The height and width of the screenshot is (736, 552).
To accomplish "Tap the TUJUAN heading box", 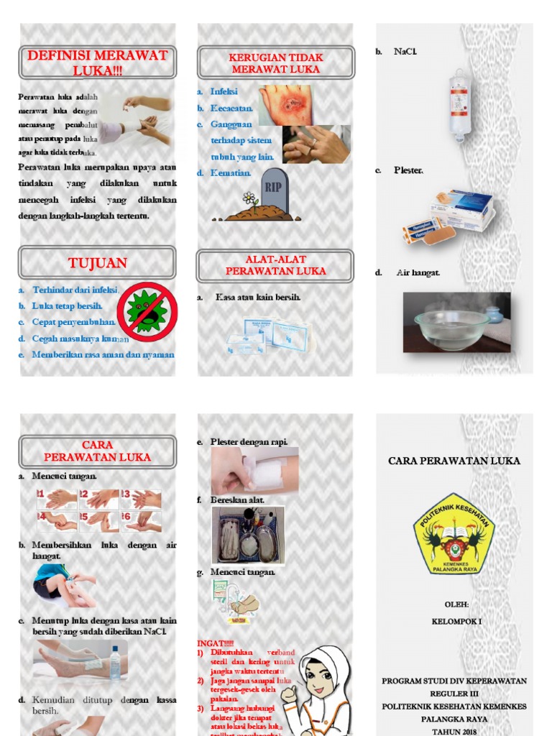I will [97, 263].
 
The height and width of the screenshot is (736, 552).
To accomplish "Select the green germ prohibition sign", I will [147, 312].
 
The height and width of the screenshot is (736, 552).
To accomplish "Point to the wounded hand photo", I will [285, 105].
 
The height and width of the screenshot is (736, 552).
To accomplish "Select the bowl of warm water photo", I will [456, 323].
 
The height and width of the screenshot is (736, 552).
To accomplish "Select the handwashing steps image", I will [99, 510].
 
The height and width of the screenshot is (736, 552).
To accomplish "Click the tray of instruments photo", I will [247, 535].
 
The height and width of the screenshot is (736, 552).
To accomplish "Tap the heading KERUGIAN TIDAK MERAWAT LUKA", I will [275, 63].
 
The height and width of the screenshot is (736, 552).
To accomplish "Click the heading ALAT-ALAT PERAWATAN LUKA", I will [275, 265].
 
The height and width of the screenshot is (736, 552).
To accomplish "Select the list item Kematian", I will [230, 173].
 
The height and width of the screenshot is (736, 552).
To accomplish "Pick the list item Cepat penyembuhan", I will [73, 322].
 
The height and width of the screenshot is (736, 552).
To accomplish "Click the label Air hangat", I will [418, 273].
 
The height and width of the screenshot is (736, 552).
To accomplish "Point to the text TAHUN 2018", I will [454, 731].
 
